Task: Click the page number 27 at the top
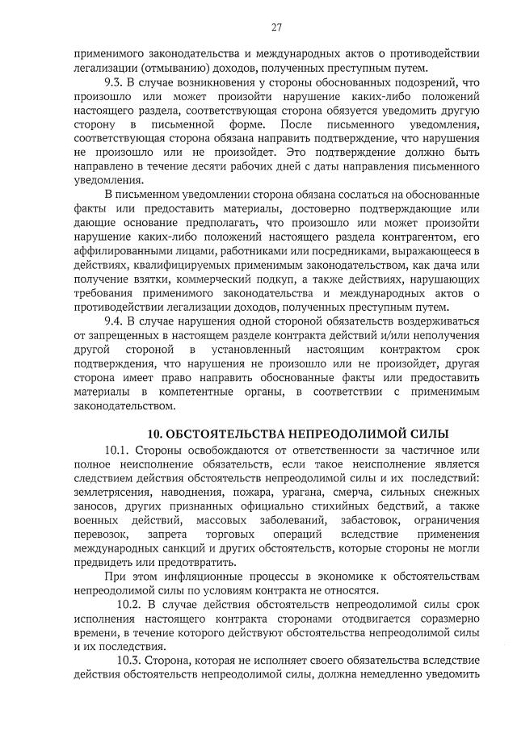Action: coord(276,27)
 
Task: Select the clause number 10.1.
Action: coord(117,449)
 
